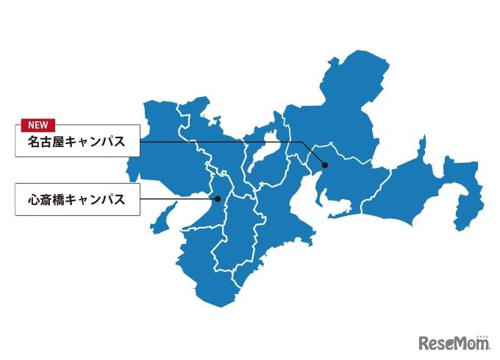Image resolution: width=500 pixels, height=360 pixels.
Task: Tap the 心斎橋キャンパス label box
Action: pos(77,200)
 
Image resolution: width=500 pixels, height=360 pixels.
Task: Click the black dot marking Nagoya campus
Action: pos(324,165)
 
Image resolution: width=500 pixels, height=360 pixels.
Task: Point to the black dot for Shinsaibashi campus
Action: pos(218,198)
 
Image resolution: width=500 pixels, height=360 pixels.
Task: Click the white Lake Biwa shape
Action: pos(261,151)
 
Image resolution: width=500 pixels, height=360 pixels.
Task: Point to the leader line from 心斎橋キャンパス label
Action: pos(176,199)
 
